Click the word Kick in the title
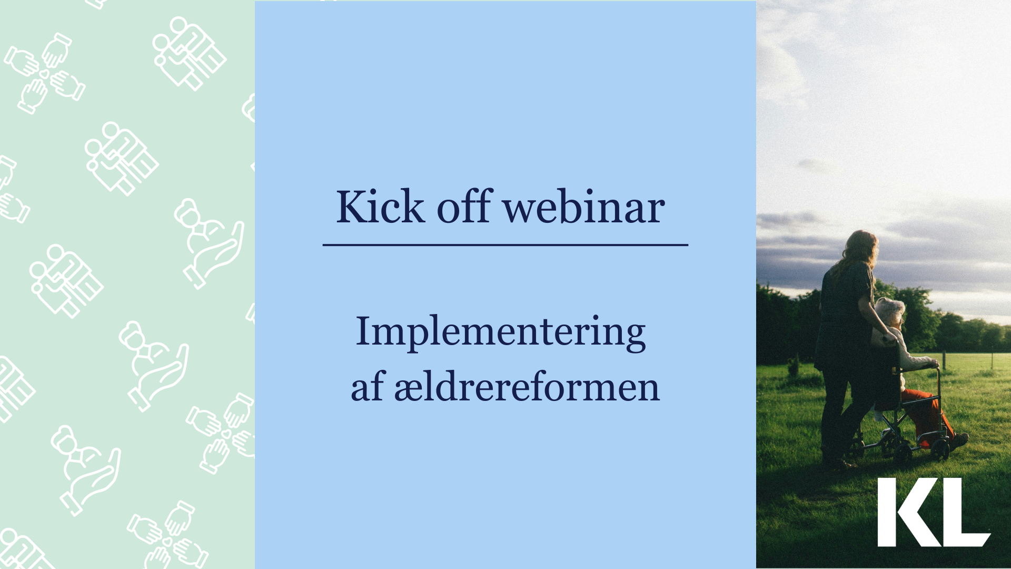[380, 207]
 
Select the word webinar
[584, 207]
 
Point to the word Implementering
[501, 332]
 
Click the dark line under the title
[506, 245]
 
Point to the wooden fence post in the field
[944, 360]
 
